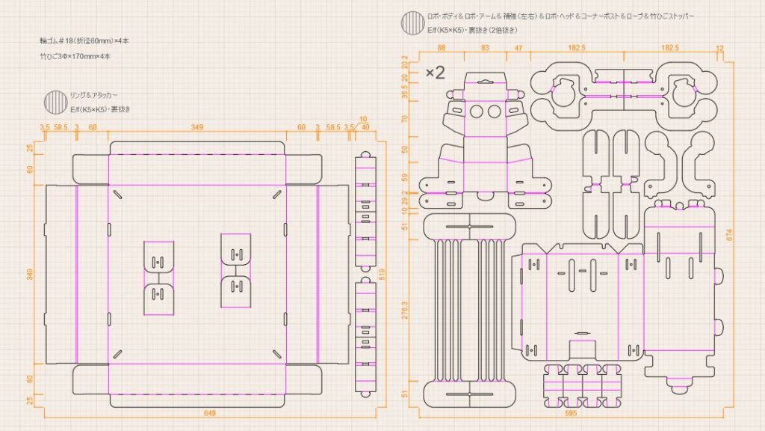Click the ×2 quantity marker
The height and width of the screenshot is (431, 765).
(436, 73)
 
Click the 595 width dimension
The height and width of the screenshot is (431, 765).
(571, 412)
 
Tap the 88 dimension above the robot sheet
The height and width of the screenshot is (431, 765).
(442, 48)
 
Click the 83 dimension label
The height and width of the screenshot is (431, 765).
(486, 48)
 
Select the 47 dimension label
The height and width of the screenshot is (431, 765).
(519, 48)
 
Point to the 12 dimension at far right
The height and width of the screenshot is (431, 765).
(719, 48)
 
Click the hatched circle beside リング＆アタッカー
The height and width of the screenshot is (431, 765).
(55, 101)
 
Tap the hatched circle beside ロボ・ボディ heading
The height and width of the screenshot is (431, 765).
(412, 22)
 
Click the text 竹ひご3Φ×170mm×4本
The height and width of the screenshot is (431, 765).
(75, 56)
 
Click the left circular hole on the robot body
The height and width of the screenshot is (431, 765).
(476, 111)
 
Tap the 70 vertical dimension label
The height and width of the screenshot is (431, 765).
(405, 118)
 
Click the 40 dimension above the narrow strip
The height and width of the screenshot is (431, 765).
(365, 127)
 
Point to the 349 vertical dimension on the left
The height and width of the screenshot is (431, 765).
(31, 274)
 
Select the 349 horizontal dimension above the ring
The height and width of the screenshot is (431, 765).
(197, 127)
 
